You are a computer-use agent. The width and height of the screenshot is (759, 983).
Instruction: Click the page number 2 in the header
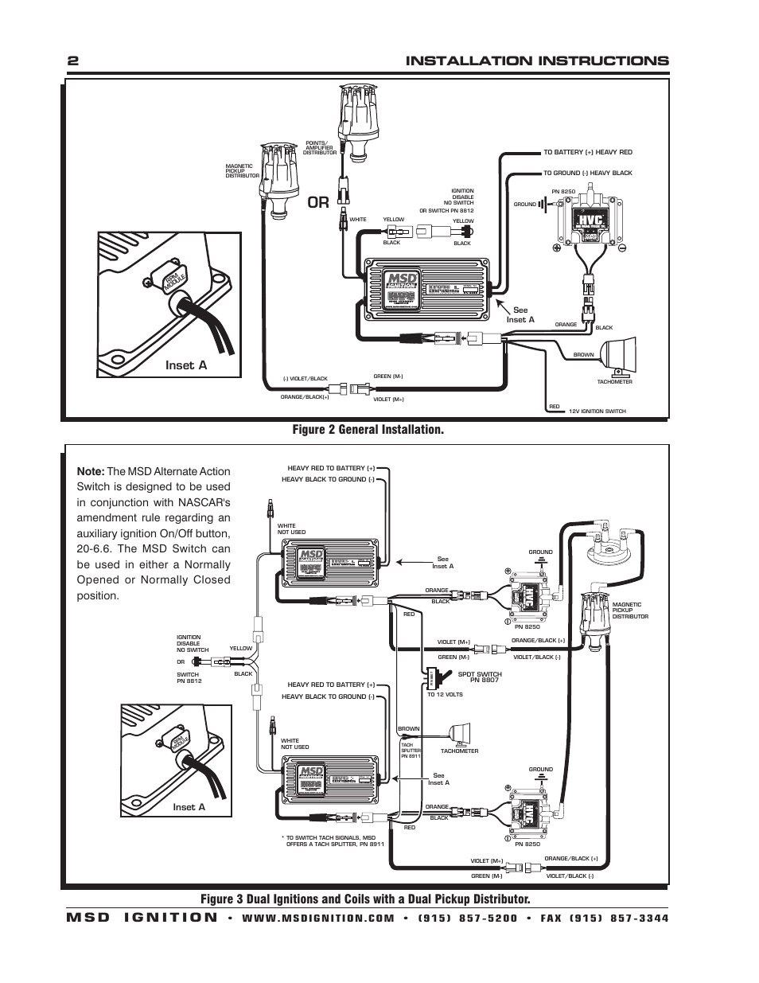[x=72, y=61]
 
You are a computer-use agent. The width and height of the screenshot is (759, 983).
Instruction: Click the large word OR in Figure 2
[x=318, y=203]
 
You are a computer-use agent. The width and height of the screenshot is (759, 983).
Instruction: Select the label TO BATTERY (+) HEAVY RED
[x=588, y=152]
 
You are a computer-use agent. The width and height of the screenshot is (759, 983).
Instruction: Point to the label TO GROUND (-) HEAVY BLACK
[x=588, y=173]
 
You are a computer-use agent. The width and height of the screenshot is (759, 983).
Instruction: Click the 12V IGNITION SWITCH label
[x=597, y=412]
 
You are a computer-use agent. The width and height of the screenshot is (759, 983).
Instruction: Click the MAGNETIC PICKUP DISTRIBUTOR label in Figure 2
[x=239, y=171]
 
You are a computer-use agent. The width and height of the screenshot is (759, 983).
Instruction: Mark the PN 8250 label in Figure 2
[x=562, y=192]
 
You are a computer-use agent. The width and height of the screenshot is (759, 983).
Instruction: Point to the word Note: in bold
[x=91, y=470]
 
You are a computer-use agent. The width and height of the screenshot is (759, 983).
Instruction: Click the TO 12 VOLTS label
[x=445, y=695]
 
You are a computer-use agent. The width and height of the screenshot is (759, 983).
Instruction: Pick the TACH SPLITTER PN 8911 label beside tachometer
[x=411, y=750]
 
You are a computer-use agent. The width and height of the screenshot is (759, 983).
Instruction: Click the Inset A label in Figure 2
[x=186, y=365]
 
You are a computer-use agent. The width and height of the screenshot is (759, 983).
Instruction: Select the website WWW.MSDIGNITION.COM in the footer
[x=317, y=918]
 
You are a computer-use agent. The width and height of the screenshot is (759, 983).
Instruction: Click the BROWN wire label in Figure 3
[x=408, y=728]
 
